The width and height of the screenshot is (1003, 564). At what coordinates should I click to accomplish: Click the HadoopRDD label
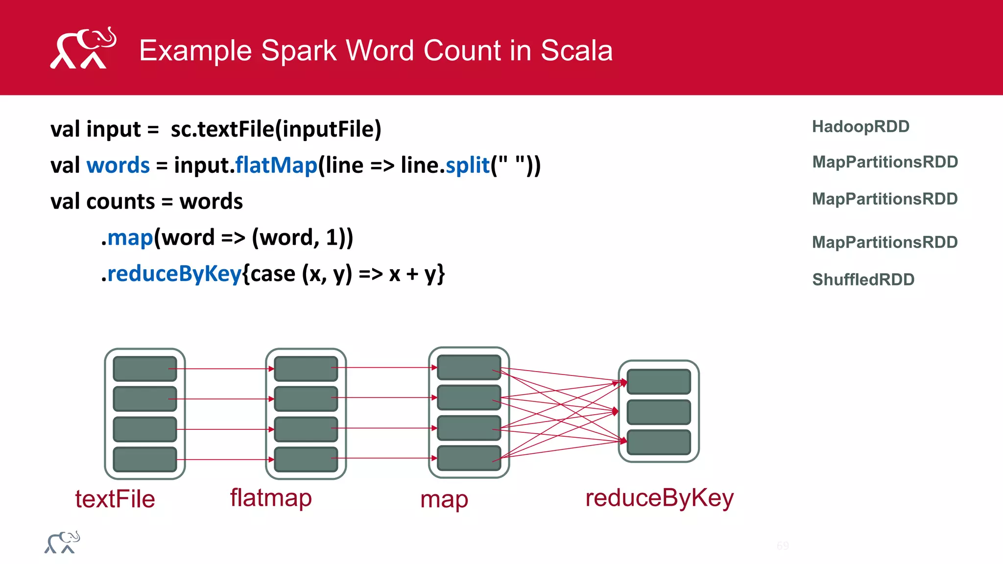(860, 126)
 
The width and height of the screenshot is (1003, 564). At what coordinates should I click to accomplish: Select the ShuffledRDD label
(863, 280)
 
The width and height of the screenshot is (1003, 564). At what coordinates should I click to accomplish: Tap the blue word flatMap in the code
(276, 165)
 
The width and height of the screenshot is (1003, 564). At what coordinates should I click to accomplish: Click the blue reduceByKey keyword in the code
(174, 274)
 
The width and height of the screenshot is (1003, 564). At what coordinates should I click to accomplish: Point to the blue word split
(468, 165)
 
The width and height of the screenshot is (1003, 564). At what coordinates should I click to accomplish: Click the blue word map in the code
(130, 237)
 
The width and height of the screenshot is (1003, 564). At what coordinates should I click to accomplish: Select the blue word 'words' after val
(118, 165)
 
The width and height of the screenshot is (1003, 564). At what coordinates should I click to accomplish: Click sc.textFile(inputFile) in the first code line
(276, 129)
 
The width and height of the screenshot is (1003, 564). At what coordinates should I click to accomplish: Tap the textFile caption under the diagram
(115, 499)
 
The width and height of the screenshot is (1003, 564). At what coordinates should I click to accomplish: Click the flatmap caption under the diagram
(271, 498)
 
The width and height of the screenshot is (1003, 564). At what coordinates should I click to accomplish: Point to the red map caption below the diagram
(444, 500)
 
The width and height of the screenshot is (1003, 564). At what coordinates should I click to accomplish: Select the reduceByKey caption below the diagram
(659, 498)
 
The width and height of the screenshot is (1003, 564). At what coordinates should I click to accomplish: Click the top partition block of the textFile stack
(145, 369)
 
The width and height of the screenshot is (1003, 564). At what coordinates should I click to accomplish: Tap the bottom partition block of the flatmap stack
(306, 459)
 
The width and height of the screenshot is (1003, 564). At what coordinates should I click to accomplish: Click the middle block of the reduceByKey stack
(659, 412)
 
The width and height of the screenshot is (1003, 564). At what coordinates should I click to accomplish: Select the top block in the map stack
(469, 367)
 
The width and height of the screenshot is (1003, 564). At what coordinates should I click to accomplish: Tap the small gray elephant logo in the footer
(62, 542)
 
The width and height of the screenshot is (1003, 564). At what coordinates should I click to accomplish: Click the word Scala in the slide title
(576, 50)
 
